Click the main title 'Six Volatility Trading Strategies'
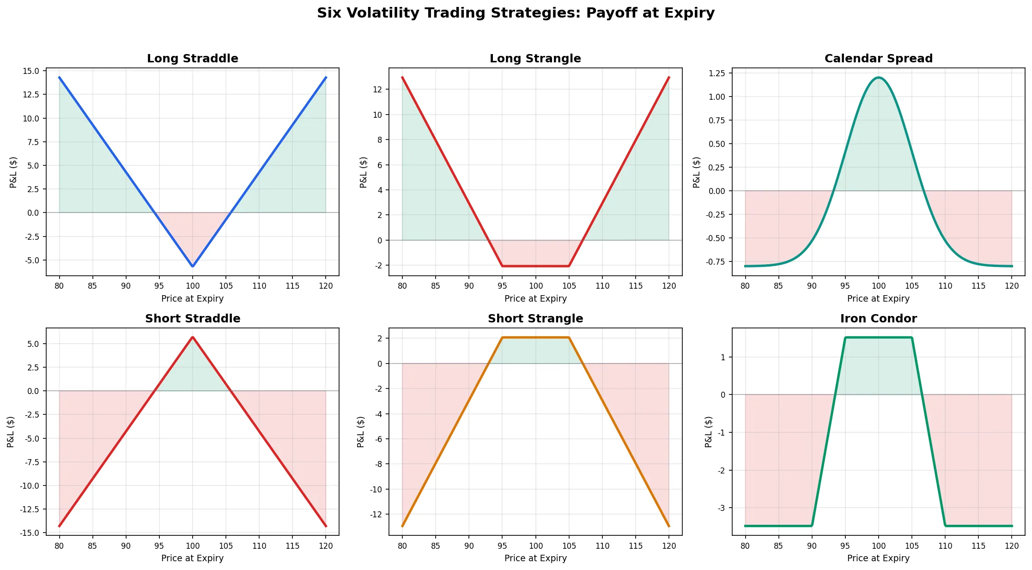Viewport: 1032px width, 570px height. tap(516, 13)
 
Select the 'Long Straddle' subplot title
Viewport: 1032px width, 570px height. tap(193, 59)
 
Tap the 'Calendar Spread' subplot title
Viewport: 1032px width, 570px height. tap(878, 59)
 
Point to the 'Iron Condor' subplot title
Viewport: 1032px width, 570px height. tap(878, 319)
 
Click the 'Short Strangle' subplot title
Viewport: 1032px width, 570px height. tap(535, 319)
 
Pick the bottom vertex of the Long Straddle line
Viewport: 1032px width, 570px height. tap(193, 266)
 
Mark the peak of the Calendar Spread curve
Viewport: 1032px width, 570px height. tap(878, 78)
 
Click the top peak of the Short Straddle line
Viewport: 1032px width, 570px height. tap(193, 337)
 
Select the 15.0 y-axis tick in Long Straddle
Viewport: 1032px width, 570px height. tap(31, 71)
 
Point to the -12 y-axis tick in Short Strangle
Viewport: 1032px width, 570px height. tap(376, 514)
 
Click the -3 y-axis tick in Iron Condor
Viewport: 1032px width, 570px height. tap(721, 508)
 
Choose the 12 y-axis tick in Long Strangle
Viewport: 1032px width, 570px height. tap(378, 89)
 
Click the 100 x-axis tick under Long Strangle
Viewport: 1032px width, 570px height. tap(535, 286)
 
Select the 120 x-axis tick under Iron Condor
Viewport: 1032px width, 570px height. tap(1012, 546)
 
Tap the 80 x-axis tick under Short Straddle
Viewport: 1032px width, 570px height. tap(59, 546)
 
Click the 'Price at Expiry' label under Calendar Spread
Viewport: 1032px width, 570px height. tap(878, 299)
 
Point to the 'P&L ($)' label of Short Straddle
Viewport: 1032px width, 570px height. tap(11, 431)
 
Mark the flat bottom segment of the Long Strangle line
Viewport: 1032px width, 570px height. tap(535, 266)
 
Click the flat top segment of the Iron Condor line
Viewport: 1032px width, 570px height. tap(878, 338)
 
